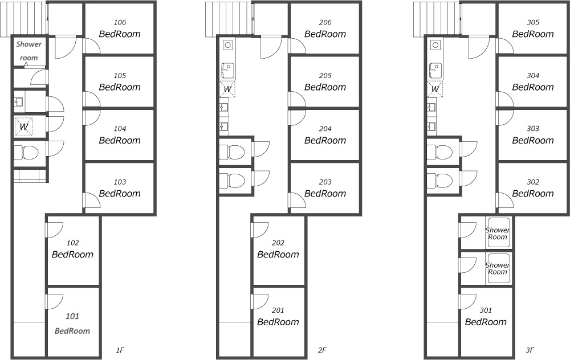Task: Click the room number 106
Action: pyautogui.click(x=120, y=23)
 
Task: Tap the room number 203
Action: pyautogui.click(x=325, y=182)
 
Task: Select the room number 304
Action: pyautogui.click(x=533, y=76)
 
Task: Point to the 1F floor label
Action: pyautogui.click(x=120, y=350)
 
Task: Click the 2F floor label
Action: pyautogui.click(x=322, y=350)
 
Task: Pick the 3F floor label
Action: pyautogui.click(x=530, y=350)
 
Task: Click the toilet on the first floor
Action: pyautogui.click(x=26, y=153)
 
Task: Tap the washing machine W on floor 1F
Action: pyautogui.click(x=23, y=127)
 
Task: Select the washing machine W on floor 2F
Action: pyautogui.click(x=227, y=89)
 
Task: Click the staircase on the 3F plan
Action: pyautogui.click(x=437, y=19)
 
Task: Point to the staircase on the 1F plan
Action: pyautogui.click(x=24, y=19)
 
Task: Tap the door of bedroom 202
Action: pyautogui.click(x=259, y=230)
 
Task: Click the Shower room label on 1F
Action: pyautogui.click(x=28, y=51)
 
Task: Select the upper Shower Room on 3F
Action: pyautogui.click(x=497, y=233)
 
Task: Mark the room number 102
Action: pyautogui.click(x=73, y=243)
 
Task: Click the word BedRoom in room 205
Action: pyautogui.click(x=325, y=87)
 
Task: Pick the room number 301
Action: pyautogui.click(x=486, y=310)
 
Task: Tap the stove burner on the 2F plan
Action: pyautogui.click(x=227, y=45)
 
